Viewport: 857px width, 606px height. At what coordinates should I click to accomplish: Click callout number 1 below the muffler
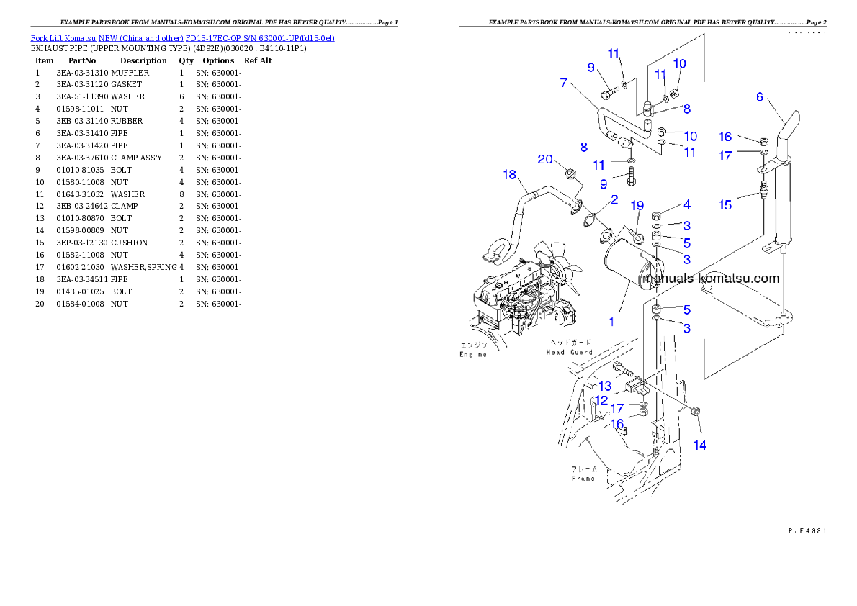(611, 321)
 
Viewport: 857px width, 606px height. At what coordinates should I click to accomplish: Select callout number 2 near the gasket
(614, 199)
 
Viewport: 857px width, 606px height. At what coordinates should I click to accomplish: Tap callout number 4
(687, 205)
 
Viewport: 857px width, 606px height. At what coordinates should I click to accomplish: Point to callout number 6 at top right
(759, 97)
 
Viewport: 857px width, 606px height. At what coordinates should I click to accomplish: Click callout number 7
(564, 83)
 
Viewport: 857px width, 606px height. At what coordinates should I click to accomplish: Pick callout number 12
(601, 399)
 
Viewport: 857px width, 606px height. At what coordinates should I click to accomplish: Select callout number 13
(605, 386)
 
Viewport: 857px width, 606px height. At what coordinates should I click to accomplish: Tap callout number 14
(699, 445)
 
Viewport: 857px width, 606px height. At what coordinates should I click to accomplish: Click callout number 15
(724, 205)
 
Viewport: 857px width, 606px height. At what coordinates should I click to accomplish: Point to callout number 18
(510, 175)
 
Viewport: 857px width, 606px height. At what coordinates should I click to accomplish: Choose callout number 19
(637, 206)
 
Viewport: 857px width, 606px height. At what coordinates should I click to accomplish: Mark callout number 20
(544, 158)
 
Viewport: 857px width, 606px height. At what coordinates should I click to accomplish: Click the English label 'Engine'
(473, 354)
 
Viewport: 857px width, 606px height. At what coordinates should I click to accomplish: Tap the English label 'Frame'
(583, 478)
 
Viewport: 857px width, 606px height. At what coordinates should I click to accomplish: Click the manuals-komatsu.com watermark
(712, 279)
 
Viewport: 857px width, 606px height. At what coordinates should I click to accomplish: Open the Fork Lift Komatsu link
(182, 37)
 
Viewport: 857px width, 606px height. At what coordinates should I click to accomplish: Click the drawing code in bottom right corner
(806, 530)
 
